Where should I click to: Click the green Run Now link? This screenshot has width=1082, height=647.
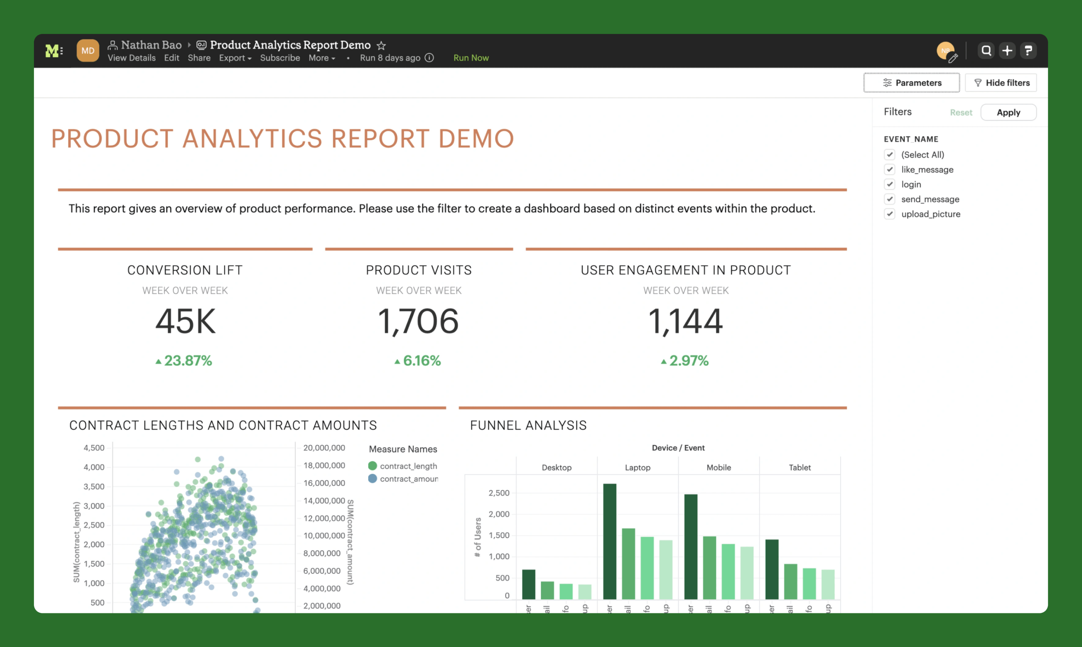471,58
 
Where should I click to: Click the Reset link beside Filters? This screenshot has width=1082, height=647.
960,113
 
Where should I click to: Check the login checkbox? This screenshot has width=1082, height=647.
889,184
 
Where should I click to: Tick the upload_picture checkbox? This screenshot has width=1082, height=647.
889,214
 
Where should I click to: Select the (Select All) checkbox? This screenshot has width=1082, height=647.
889,155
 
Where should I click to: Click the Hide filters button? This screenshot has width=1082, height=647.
1000,83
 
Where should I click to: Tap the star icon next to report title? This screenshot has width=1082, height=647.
381,45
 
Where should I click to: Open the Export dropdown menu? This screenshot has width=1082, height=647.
235,58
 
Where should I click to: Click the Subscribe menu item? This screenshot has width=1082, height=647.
280,58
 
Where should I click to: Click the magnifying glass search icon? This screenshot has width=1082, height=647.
986,51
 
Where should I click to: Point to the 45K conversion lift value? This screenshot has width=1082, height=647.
185,321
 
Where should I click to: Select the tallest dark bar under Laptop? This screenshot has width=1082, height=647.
610,541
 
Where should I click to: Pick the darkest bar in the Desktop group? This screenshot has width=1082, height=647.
529,584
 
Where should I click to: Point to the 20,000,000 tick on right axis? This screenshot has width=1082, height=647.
324,448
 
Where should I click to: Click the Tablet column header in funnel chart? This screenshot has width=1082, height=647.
799,467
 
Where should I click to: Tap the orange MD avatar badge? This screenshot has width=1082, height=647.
88,51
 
